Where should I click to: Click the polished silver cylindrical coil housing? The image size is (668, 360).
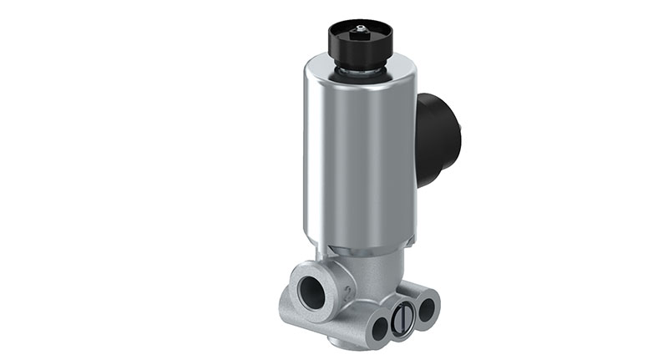tap(359, 159)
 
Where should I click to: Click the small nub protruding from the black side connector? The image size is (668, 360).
tap(458, 134)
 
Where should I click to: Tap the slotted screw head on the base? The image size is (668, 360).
tap(401, 320)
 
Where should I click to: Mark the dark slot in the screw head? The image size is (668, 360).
tap(401, 320)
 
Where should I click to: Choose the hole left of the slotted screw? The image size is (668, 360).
tap(379, 327)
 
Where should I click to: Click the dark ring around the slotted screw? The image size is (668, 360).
tap(401, 331)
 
